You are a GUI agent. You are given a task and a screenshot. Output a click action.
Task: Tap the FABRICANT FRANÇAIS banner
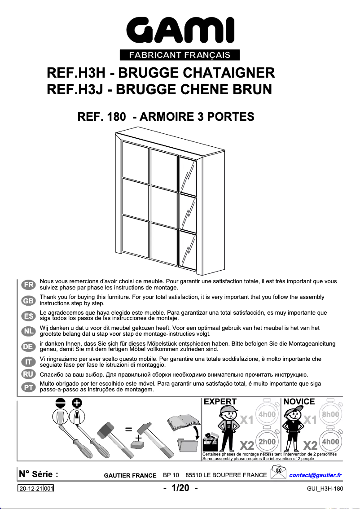pos(180,55)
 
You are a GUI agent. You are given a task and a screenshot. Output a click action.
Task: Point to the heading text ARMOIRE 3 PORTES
pos(197,117)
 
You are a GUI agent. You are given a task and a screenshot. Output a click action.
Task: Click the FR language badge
pos(28,285)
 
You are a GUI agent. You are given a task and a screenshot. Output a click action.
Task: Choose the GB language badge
pos(28,300)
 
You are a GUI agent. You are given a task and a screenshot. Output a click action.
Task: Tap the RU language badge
pos(28,374)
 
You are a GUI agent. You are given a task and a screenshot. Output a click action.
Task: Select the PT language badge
pos(28,387)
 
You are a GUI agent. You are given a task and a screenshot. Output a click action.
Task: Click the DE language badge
pos(28,346)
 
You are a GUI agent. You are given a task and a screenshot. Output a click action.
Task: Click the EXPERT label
pos(220,402)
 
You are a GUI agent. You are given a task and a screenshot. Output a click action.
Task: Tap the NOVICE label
pos(299,402)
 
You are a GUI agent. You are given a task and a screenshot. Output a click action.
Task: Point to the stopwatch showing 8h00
pos(331,414)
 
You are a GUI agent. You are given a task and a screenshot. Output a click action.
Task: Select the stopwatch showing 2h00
pos(267,442)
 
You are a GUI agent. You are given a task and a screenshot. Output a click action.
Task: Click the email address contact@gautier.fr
pos(316,475)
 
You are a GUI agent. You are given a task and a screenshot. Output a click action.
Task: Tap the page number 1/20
pos(180,488)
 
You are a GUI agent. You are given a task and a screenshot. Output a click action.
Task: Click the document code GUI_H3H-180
pos(325,489)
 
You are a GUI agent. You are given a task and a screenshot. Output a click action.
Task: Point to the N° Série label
pos(38,474)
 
